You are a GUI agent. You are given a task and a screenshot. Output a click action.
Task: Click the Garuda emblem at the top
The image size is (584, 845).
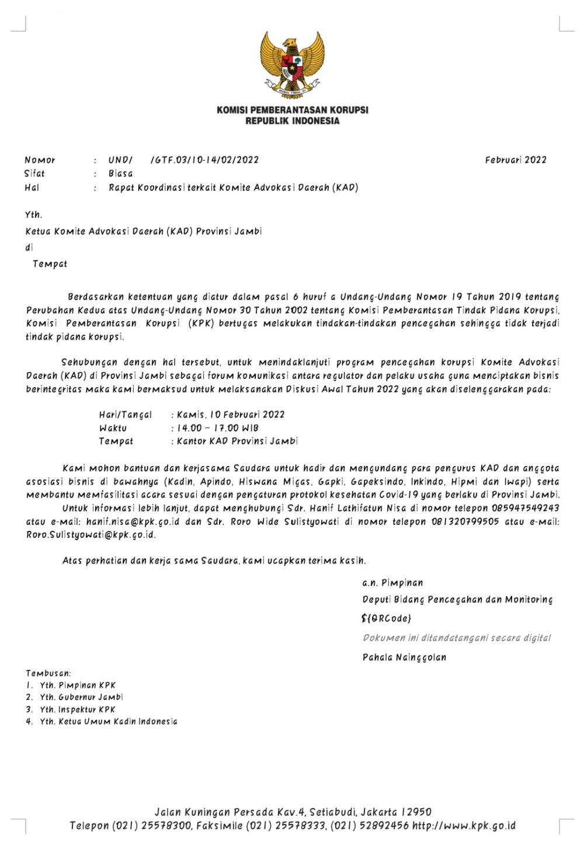pyautogui.click(x=292, y=64)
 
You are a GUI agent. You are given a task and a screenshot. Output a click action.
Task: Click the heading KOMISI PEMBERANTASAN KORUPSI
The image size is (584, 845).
pyautogui.click(x=292, y=110)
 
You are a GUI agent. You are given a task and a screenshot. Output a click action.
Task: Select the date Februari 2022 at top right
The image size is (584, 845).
pyautogui.click(x=516, y=160)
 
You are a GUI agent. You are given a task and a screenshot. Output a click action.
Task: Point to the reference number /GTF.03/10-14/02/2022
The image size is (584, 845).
pyautogui.click(x=204, y=160)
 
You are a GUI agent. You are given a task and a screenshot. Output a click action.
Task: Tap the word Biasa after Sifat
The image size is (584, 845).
pyautogui.click(x=121, y=173)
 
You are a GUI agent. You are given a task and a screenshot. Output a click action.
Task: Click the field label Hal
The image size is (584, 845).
pyautogui.click(x=32, y=187)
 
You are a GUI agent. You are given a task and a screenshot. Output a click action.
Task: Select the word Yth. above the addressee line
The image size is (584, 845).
pyautogui.click(x=34, y=215)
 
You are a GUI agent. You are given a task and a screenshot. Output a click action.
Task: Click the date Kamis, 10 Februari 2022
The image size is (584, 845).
pyautogui.click(x=231, y=415)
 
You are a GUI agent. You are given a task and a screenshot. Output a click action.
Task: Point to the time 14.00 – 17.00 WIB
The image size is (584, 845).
pyautogui.click(x=218, y=428)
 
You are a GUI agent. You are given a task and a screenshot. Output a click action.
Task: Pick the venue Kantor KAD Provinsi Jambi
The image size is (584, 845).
pyautogui.click(x=237, y=441)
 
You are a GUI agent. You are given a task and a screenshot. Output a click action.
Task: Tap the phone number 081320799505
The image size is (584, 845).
pyautogui.click(x=465, y=521)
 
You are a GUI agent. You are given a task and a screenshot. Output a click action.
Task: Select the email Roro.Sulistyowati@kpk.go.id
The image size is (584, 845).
pyautogui.click(x=91, y=535)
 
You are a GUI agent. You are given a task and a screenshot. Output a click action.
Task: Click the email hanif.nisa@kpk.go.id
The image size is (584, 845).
pyautogui.click(x=133, y=521)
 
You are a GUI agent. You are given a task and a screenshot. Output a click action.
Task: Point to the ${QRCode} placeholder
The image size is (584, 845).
pyautogui.click(x=387, y=618)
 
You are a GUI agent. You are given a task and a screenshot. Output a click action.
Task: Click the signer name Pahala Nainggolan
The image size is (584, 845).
pyautogui.click(x=404, y=658)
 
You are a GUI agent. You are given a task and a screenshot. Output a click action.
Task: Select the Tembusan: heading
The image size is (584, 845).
pyautogui.click(x=48, y=673)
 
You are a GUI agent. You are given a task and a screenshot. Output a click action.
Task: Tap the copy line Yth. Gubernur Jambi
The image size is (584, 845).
pyautogui.click(x=81, y=697)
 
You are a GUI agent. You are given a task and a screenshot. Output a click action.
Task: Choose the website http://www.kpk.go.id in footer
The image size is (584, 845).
pyautogui.click(x=464, y=826)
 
